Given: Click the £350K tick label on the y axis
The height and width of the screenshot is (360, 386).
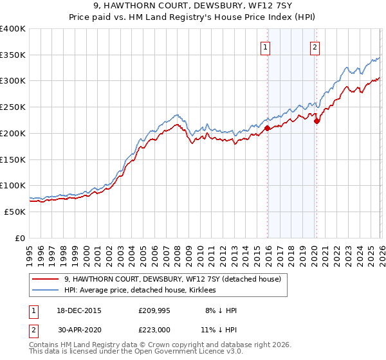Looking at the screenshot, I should (x=13, y=55).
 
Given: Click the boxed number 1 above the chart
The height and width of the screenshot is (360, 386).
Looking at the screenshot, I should (x=266, y=46).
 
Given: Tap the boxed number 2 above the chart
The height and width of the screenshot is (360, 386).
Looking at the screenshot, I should (x=315, y=46).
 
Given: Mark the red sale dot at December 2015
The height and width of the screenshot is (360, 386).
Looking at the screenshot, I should (x=267, y=129).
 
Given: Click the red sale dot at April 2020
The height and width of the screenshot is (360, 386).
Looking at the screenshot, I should (x=317, y=122).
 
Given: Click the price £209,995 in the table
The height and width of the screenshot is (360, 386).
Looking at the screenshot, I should (x=153, y=310).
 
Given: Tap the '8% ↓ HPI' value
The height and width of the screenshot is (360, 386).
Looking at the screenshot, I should (x=221, y=310).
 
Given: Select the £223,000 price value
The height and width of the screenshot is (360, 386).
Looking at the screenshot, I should (x=153, y=329).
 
